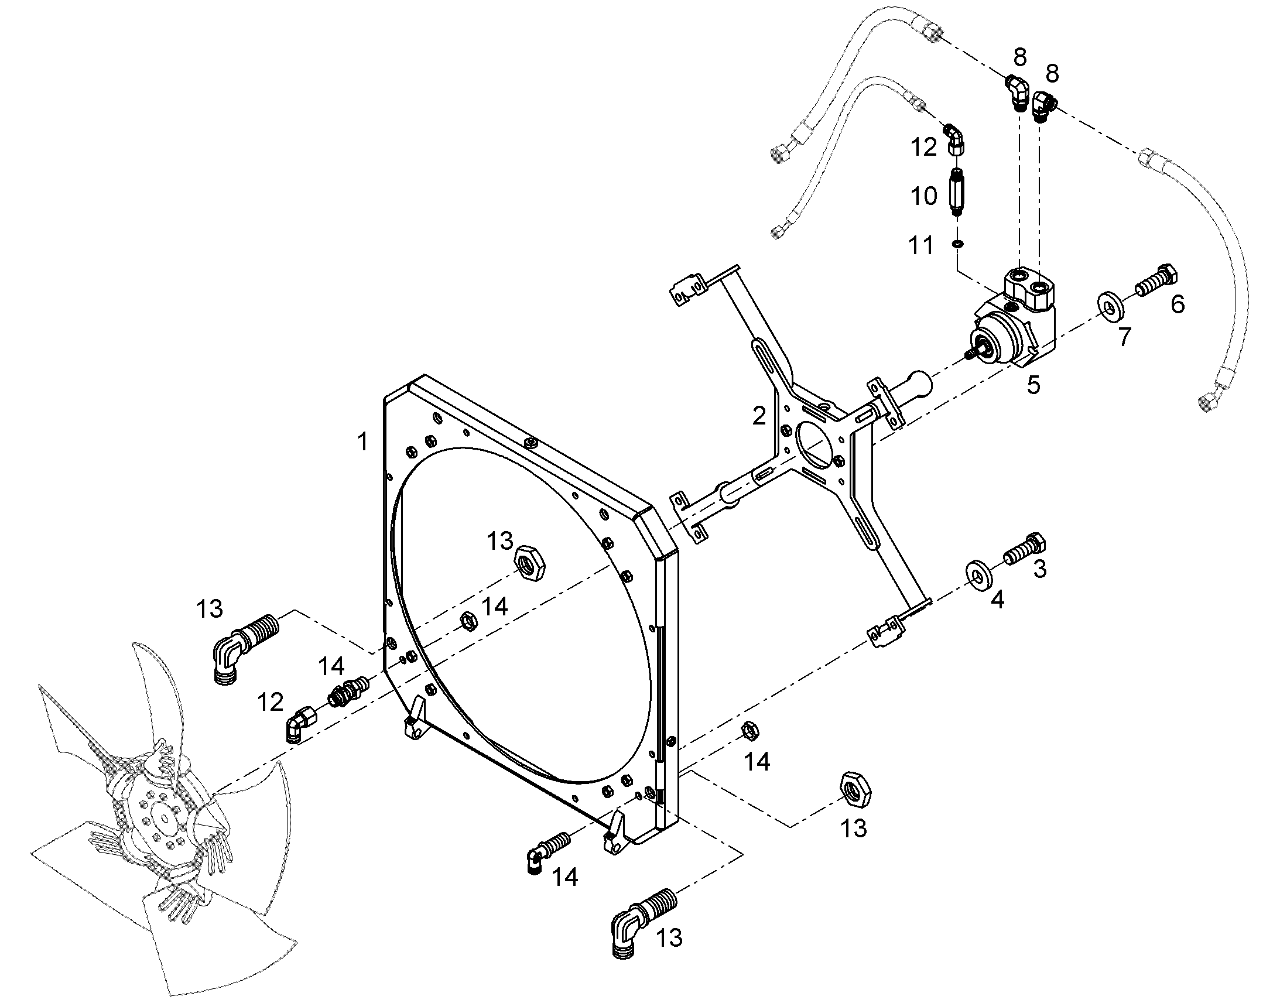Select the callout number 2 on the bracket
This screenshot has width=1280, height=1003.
pos(759,416)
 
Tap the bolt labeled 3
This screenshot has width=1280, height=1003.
pos(1025,550)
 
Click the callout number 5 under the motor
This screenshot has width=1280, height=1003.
pos(1033,385)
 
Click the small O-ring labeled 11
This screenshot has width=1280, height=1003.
pos(957,243)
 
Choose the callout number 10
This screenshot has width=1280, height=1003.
pos(923,196)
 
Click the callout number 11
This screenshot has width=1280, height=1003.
pos(920,245)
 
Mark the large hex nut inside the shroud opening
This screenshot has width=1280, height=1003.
pos(529,563)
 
